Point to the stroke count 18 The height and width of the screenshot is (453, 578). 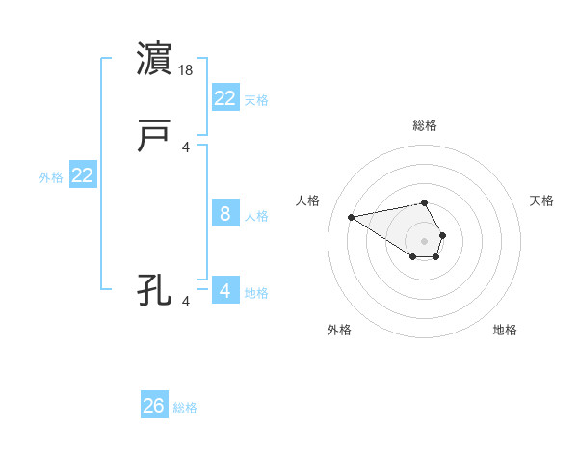[187, 70]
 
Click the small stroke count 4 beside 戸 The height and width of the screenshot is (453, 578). [187, 147]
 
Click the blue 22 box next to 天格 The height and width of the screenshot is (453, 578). [225, 97]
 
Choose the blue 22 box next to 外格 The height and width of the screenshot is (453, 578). [83, 175]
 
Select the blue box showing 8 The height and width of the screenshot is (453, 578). [225, 214]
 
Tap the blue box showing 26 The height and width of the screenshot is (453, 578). [154, 406]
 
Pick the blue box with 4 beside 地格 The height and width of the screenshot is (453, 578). [225, 290]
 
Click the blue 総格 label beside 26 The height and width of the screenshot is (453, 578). [186, 408]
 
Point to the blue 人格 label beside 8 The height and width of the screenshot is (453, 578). [256, 216]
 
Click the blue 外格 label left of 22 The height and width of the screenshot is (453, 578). [51, 177]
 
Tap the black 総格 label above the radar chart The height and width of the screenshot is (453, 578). [425, 125]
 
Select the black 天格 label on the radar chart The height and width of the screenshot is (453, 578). [542, 200]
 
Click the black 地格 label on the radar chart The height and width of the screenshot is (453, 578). [505, 330]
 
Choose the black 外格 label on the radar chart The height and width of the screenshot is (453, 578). [339, 330]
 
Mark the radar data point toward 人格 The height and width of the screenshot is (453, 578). [352, 216]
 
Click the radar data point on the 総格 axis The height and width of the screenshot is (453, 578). [425, 202]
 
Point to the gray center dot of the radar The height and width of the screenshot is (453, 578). [425, 240]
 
